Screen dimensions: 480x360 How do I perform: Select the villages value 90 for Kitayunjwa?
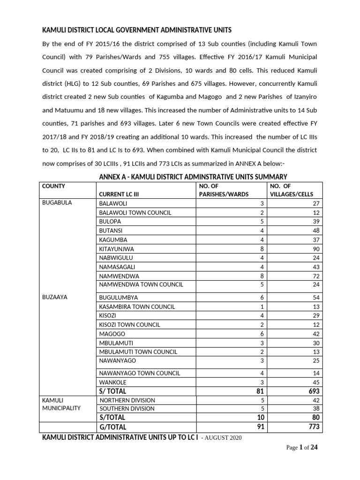coord(316,249)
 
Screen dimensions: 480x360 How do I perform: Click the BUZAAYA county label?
coord(54,297)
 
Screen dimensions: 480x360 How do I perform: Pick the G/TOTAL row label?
coord(112,427)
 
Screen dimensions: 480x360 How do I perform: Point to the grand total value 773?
coord(314,427)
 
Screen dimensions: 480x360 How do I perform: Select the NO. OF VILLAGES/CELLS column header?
coord(291,190)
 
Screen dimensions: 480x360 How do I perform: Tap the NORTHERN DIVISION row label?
coord(127,400)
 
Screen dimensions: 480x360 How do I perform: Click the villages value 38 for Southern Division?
coord(316,408)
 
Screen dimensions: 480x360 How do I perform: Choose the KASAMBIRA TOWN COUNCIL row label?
coord(136,307)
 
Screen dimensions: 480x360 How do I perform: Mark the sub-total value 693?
coord(314,391)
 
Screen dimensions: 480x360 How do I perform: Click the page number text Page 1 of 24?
coord(302,448)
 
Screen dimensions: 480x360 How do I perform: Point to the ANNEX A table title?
coord(193,177)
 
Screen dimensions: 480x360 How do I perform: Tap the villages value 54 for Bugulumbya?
coord(316,298)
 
